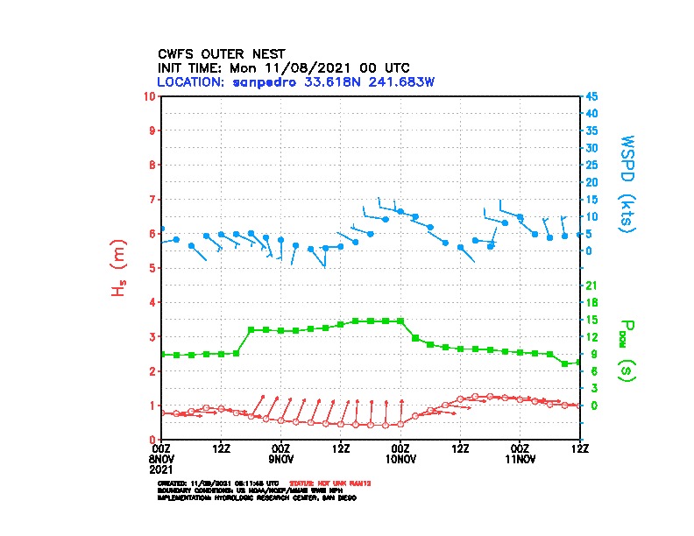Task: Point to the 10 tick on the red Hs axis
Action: click(x=152, y=95)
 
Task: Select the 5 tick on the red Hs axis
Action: click(x=152, y=268)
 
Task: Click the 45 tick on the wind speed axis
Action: click(x=592, y=95)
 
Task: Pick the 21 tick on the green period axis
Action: click(x=592, y=286)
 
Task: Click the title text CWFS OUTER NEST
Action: click(x=221, y=53)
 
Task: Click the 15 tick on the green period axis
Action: click(x=592, y=320)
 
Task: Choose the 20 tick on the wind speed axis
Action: click(x=592, y=182)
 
